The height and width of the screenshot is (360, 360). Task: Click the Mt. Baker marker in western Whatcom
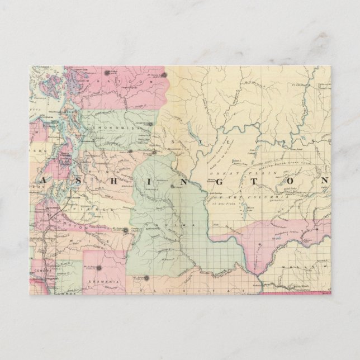tap(107, 73)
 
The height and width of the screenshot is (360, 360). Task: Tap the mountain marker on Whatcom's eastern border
tap(164, 74)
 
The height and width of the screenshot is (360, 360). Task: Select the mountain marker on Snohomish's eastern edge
tap(150, 124)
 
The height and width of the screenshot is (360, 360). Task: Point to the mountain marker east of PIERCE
tap(126, 230)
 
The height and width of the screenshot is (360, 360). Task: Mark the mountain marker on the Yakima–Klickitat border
tap(147, 278)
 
